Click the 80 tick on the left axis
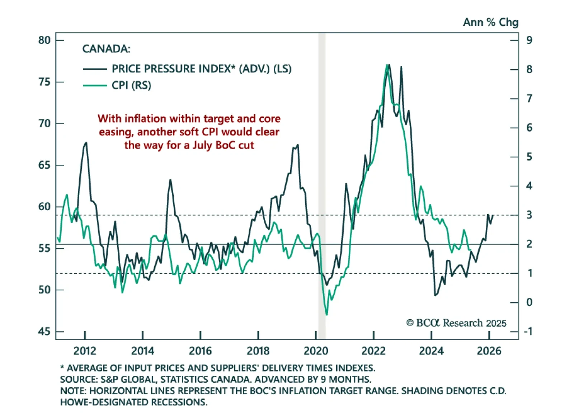[44, 40]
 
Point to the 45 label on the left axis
[44, 332]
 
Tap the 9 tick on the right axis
[529, 40]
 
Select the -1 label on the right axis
[528, 332]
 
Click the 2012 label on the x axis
[85, 351]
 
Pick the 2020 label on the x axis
[316, 351]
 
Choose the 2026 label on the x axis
[489, 351]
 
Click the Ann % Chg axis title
[490, 22]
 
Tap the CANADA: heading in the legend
[106, 49]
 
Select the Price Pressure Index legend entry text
[201, 69]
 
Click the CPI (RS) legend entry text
[131, 85]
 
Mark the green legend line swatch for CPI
[95, 85]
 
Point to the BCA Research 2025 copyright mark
[456, 323]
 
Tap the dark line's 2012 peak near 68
[86, 143]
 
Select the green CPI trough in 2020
[326, 315]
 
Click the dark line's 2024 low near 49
[435, 295]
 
